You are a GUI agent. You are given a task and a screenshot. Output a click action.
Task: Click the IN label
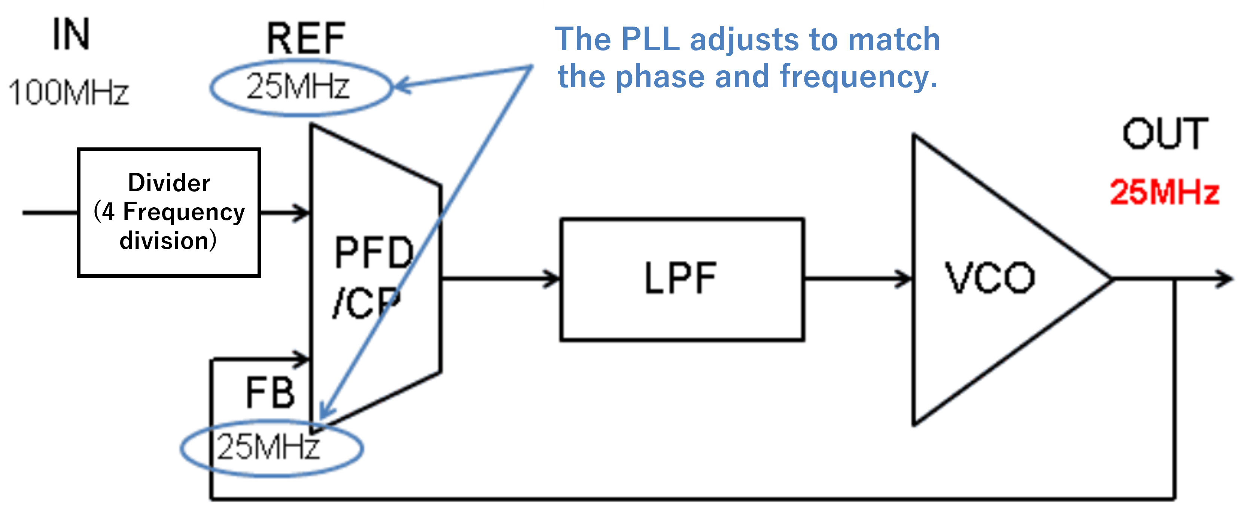[x=71, y=34]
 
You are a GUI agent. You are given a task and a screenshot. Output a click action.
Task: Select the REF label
[x=306, y=39]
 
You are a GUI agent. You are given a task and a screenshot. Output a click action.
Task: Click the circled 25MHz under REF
[x=298, y=87]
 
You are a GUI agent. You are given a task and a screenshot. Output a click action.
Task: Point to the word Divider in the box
[x=169, y=183]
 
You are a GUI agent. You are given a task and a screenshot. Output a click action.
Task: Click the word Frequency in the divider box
[x=184, y=212]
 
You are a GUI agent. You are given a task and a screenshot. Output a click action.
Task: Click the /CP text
[x=366, y=303]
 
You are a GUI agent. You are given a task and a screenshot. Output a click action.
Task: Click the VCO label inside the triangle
[x=990, y=278]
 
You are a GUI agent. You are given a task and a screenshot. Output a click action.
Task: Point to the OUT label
[x=1165, y=134]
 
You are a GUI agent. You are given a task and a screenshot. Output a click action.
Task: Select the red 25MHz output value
[x=1165, y=192]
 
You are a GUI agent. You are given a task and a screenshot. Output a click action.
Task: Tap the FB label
[x=270, y=393]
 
